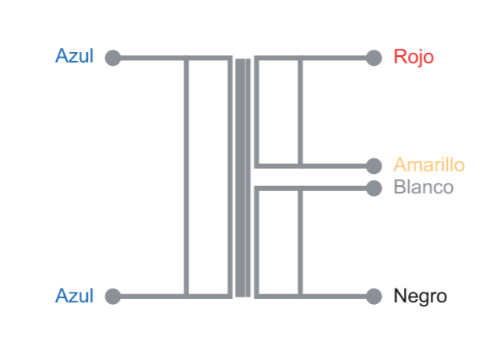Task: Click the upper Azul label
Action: (74, 57)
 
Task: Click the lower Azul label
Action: (74, 296)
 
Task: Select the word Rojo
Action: (413, 57)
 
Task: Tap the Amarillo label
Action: (428, 165)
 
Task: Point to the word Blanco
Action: (423, 188)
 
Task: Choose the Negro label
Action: (419, 296)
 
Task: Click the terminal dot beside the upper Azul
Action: (113, 58)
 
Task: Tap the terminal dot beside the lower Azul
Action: (113, 296)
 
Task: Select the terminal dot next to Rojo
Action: (374, 58)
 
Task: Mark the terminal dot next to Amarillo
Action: (374, 166)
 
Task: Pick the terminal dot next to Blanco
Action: (374, 189)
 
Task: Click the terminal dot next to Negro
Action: (374, 296)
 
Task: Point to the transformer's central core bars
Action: (242, 177)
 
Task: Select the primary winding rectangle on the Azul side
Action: (208, 177)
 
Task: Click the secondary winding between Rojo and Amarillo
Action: (279, 111)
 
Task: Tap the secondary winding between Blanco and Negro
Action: (279, 242)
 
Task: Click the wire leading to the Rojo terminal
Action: (337, 58)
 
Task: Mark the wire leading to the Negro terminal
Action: (337, 296)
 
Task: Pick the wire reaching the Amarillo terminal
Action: (337, 166)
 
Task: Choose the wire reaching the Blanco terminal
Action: (337, 189)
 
